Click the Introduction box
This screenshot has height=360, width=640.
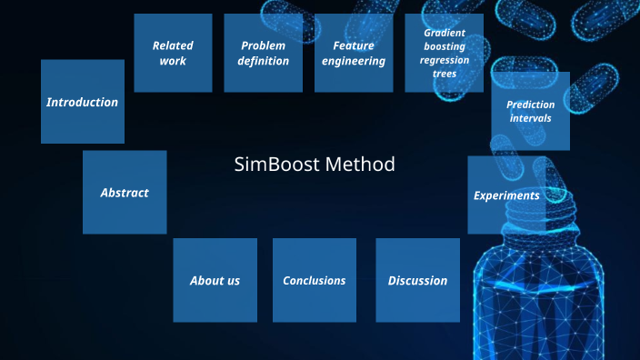pos(83,102)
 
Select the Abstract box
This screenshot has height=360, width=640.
pos(125,193)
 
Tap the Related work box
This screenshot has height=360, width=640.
pos(173,53)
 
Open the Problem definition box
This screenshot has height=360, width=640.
pos(264,53)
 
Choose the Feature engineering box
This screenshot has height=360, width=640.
pos(354,53)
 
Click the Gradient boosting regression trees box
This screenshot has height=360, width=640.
pos(445,53)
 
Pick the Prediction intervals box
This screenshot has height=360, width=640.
pos(531,111)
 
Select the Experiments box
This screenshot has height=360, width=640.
pos(506,195)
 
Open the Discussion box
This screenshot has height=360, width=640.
pos(418,280)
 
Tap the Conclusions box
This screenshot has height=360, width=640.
pos(315,280)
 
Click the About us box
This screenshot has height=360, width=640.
pos(215,280)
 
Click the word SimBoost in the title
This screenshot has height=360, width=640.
pos(277,165)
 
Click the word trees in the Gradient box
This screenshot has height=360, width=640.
pos(445,73)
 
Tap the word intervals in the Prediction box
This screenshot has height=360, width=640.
pos(531,118)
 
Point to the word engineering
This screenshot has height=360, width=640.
pos(354,61)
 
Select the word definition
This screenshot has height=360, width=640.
pos(264,61)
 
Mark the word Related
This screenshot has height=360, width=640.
pos(173,45)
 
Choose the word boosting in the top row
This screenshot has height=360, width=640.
pos(445,46)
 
